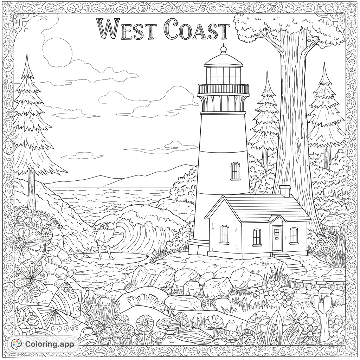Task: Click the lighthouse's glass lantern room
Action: click(224, 75)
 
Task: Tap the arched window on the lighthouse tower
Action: click(235, 171)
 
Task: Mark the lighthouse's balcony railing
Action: click(223, 89)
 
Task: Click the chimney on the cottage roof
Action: click(285, 191)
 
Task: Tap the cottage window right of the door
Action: click(294, 235)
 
